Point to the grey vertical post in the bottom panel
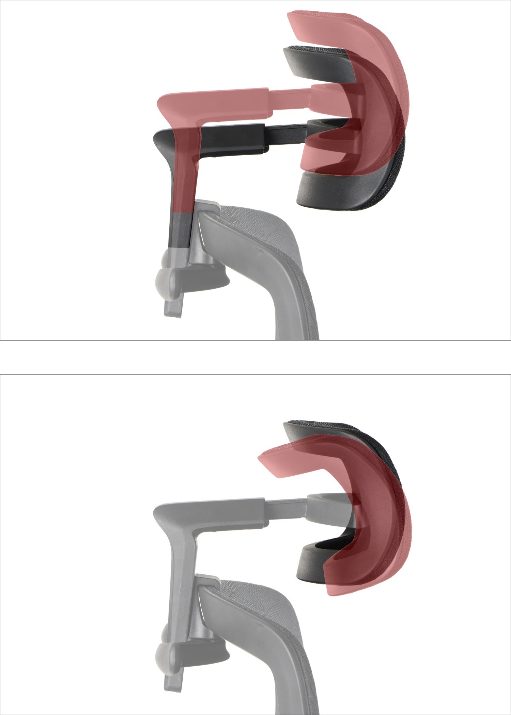(181, 579)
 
